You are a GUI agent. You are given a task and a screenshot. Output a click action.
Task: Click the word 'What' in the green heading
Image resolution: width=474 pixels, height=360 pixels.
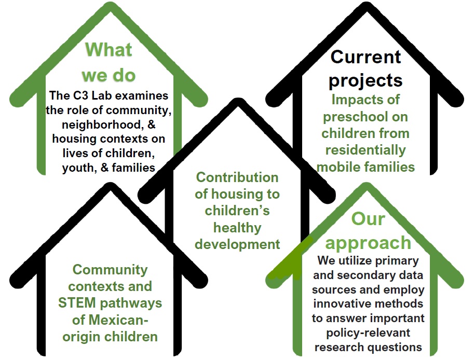(109, 49)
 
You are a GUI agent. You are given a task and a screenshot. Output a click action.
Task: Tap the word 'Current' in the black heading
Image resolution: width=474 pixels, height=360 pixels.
(365, 57)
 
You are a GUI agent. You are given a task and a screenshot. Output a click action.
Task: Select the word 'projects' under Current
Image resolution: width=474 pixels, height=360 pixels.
(365, 80)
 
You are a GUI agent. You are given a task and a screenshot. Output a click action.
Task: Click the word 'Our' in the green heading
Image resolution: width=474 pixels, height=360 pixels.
(368, 219)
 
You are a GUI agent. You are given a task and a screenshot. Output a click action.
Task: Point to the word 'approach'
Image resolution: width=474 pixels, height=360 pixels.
(368, 243)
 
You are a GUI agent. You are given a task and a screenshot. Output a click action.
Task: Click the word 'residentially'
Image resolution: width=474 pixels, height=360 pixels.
(365, 150)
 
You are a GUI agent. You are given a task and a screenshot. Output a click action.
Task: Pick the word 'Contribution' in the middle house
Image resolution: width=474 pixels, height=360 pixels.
(237, 177)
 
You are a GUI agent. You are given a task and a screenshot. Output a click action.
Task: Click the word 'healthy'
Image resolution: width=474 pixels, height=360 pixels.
(237, 228)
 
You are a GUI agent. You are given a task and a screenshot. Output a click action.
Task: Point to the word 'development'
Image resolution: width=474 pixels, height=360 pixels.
(237, 244)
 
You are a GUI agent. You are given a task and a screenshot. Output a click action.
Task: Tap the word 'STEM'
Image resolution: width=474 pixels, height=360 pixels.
(77, 303)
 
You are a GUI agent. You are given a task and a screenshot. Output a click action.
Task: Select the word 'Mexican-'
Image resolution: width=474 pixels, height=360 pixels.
(110, 320)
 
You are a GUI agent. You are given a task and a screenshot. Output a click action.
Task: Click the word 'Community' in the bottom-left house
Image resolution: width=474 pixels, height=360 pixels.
(110, 270)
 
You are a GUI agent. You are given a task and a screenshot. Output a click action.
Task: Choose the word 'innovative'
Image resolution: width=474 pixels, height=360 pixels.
(341, 303)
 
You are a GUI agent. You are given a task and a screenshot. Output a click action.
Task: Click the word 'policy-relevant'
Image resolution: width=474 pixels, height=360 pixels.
(368, 333)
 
